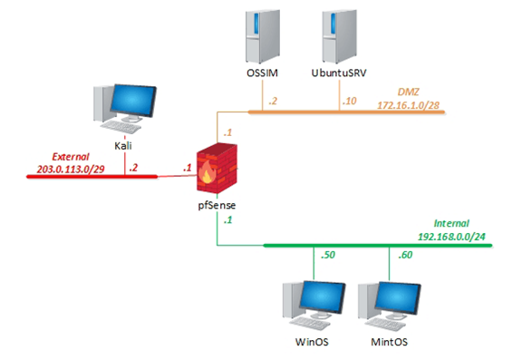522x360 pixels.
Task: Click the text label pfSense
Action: (216, 207)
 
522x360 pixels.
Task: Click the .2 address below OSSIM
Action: (273, 101)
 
